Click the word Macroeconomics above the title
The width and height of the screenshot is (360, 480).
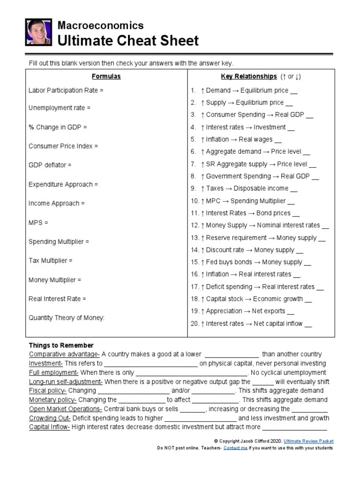100,26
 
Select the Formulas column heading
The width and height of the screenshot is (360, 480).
106,76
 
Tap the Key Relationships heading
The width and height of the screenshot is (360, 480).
249,76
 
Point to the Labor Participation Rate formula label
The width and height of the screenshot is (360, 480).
66,90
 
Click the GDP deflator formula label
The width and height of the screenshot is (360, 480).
50,165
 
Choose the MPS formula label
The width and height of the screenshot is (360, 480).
38,223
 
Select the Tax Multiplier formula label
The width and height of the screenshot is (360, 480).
51,261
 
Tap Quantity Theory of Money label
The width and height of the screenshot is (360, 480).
67,318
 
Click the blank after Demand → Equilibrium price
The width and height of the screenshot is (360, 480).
294,91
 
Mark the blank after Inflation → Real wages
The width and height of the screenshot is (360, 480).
278,140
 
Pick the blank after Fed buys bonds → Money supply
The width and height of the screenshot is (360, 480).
307,263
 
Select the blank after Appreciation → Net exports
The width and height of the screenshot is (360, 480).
291,312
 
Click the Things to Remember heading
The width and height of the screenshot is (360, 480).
61,345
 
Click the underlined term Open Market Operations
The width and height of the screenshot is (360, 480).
66,409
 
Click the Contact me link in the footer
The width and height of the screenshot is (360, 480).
235,448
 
